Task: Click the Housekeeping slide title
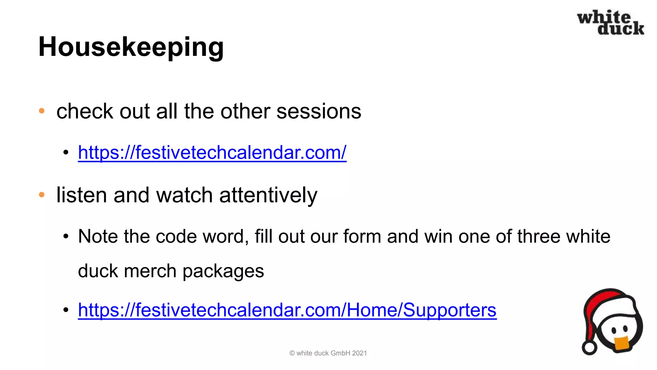pos(131,47)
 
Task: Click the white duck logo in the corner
pos(610,22)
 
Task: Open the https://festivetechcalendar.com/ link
pos(212,152)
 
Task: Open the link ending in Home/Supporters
pos(287,310)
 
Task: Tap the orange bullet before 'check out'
pos(42,111)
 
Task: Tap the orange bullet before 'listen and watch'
pos(42,195)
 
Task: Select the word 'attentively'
pos(268,195)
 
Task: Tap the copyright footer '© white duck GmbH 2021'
pos(328,353)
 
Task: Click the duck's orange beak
pos(622,343)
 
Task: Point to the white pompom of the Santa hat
pos(589,348)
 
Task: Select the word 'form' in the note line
pos(362,236)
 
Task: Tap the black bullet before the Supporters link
pos(66,310)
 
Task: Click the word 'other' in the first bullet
pos(245,111)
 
